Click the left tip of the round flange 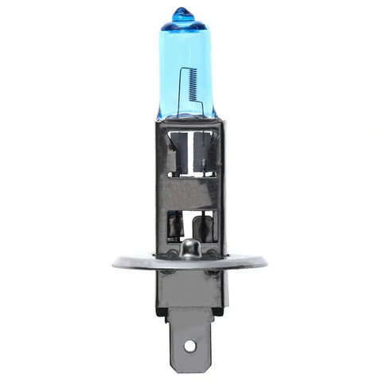115,263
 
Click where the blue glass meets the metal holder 185,118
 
